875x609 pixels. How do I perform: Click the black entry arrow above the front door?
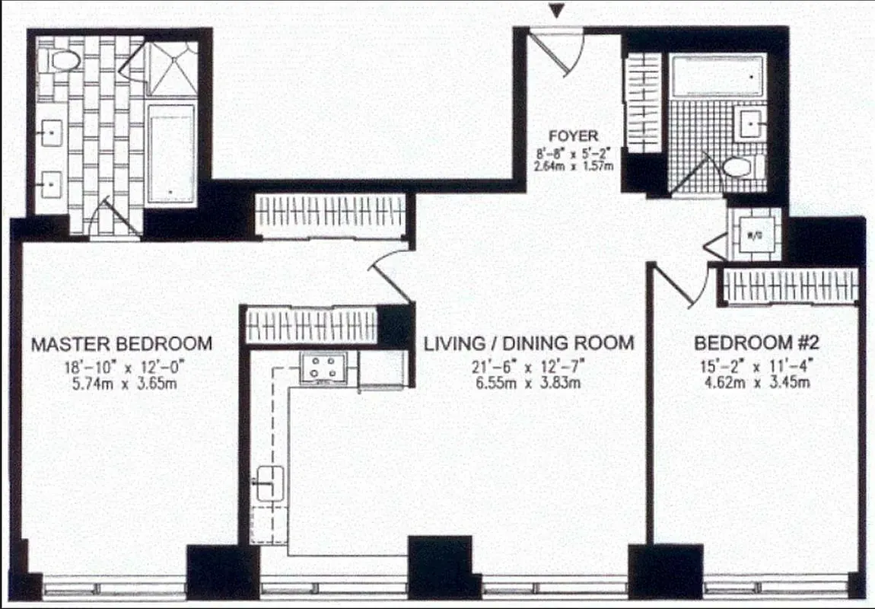[x=558, y=10]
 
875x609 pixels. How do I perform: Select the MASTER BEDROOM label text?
[x=121, y=343]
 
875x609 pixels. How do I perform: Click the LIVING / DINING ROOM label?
[x=528, y=343]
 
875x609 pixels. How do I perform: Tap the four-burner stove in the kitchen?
[x=328, y=368]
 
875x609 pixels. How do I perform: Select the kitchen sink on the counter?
[x=269, y=483]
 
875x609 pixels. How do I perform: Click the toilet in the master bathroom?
[x=63, y=61]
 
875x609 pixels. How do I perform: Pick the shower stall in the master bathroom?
[x=172, y=69]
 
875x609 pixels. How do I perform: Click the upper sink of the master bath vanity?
[x=51, y=136]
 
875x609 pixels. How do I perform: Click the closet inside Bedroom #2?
[x=791, y=286]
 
